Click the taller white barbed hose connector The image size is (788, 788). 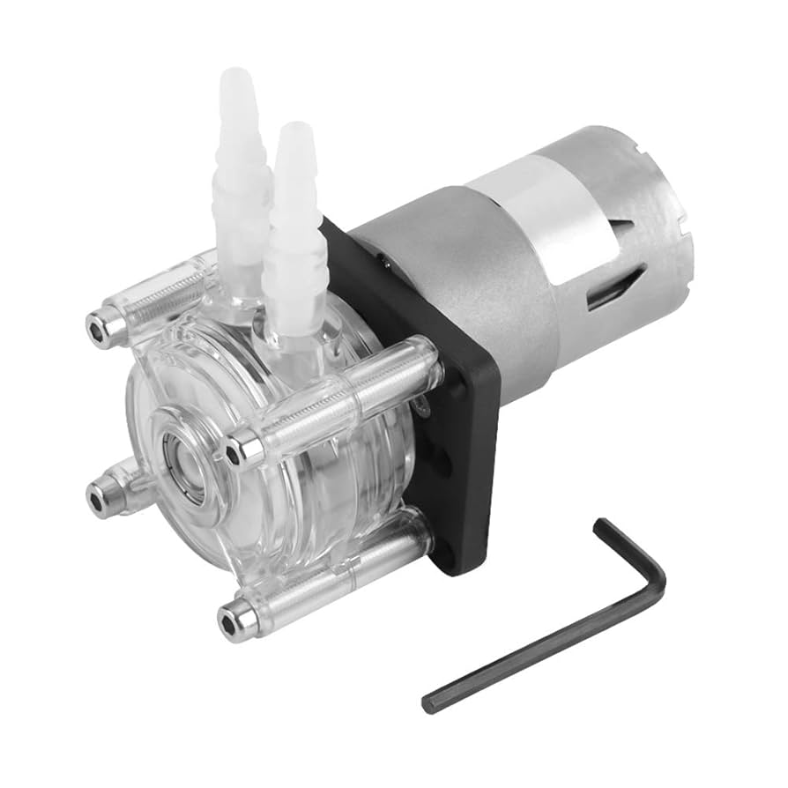(x=237, y=167)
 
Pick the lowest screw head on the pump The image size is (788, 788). (x=230, y=622)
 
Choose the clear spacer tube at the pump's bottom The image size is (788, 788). (x=335, y=573)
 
